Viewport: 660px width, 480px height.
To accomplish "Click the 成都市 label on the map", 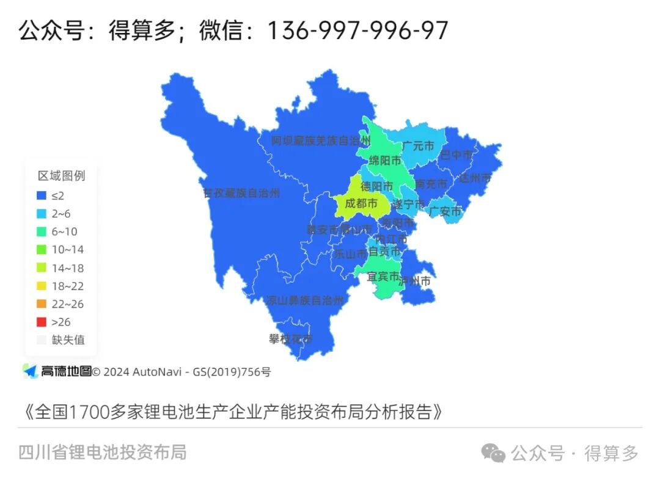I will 361,203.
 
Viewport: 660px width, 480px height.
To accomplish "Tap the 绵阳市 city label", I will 385,161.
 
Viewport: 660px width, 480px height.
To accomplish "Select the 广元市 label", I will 418,147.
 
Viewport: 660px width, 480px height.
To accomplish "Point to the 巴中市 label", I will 457,155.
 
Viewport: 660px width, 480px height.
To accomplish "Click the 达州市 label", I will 475,178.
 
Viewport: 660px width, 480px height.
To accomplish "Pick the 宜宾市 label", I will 383,277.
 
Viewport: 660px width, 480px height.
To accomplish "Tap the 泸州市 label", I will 415,282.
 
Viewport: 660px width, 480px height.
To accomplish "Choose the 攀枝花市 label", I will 291,338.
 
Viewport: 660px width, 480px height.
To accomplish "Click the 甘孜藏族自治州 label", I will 241,193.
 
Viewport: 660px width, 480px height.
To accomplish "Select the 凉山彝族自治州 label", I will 304,300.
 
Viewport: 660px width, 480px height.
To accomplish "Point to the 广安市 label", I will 445,212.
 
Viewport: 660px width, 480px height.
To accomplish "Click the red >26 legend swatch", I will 42,322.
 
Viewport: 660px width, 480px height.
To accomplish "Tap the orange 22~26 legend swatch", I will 42,304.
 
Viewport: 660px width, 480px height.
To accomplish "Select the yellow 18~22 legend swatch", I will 42,286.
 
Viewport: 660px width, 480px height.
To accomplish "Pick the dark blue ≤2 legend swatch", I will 42,195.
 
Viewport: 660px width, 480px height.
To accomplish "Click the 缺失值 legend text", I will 68,340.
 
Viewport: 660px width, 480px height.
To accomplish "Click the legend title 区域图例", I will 61,176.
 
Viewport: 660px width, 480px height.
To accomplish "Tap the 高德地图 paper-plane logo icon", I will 30,371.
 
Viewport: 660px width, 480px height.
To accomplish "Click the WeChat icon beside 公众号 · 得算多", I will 493,453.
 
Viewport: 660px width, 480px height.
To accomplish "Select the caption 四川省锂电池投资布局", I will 103,453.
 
